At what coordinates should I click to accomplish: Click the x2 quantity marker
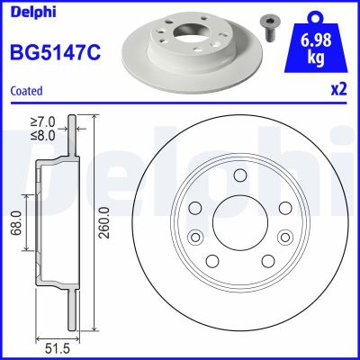[x=340, y=91]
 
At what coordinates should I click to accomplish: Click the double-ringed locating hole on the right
[x=286, y=238]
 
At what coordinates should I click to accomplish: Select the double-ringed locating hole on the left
[x=193, y=238]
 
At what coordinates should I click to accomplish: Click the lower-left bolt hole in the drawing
[x=211, y=261]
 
